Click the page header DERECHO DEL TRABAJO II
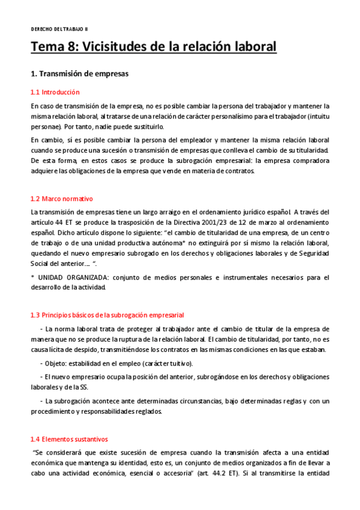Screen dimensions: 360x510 (x=59, y=29)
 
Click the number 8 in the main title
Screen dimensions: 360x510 (x=72, y=46)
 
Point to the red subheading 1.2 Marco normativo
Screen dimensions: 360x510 (x=61, y=198)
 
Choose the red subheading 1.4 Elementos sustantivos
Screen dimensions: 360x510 (x=69, y=439)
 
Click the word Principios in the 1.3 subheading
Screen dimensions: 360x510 (x=58, y=315)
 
